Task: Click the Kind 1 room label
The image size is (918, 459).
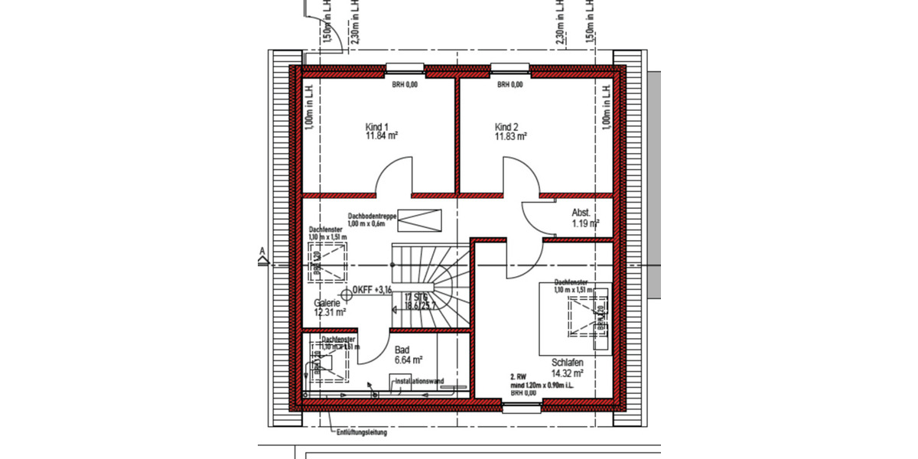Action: [x=378, y=127]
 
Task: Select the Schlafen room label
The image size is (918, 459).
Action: [x=567, y=363]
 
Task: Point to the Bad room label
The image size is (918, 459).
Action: [x=402, y=349]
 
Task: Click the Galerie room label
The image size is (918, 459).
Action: [x=326, y=303]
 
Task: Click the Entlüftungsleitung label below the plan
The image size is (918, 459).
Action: [x=362, y=432]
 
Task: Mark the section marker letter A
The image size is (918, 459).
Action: [x=262, y=251]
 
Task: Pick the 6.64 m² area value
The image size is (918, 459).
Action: [x=409, y=359]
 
